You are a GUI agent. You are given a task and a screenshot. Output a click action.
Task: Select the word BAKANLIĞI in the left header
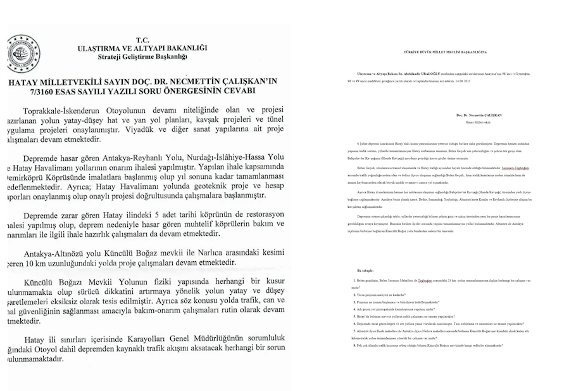pos(183,48)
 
